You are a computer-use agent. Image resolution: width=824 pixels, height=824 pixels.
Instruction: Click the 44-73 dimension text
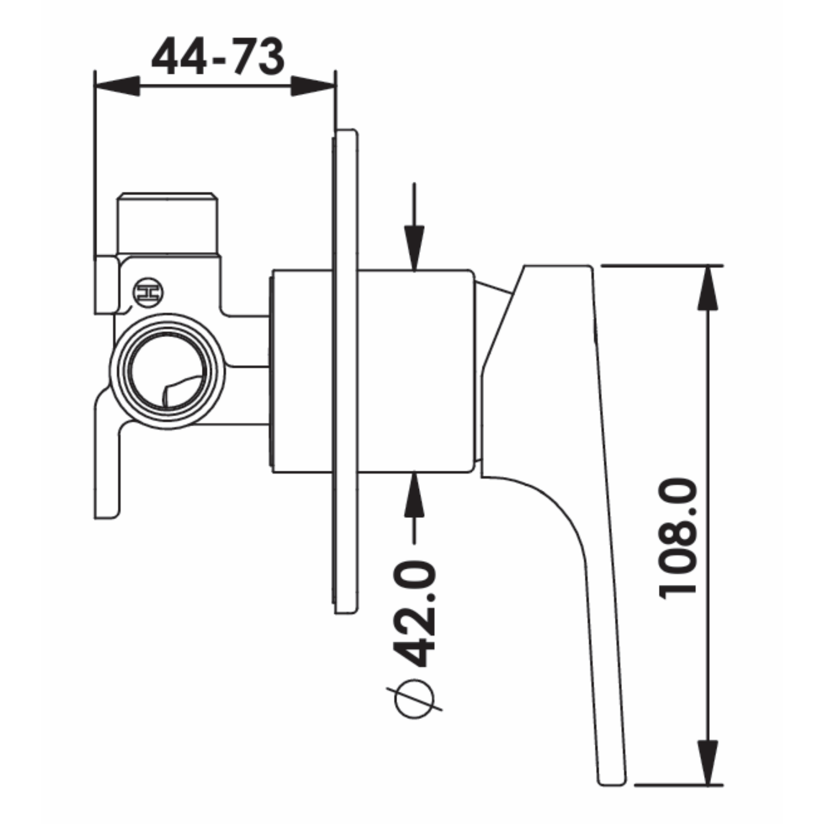[218, 56]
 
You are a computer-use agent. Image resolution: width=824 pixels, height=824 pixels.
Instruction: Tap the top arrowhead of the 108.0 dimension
[708, 288]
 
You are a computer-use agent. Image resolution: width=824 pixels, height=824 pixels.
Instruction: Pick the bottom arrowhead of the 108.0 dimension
[708, 762]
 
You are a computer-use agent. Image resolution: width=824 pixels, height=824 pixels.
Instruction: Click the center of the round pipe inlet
[168, 371]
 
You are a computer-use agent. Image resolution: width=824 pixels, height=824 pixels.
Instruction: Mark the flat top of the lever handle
[557, 266]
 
